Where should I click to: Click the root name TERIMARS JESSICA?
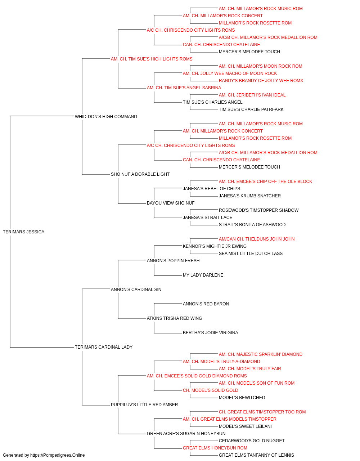(x=23, y=232)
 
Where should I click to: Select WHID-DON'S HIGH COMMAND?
(x=106, y=117)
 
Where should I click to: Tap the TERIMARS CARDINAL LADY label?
(x=103, y=347)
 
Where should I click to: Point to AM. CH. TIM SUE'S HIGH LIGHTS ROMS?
(x=152, y=59)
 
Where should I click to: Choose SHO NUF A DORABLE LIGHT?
(x=140, y=174)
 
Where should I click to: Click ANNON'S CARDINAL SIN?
(x=136, y=289)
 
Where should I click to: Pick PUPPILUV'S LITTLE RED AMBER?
(x=144, y=404)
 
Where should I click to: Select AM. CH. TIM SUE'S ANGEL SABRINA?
(x=184, y=88)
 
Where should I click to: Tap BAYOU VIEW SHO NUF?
(x=170, y=203)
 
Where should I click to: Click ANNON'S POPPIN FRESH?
(x=173, y=260)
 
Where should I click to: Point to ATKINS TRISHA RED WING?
(x=174, y=318)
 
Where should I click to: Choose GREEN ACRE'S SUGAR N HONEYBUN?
(x=186, y=433)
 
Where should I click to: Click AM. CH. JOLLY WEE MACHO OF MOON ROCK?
(x=230, y=73)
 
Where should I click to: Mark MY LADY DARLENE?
(x=203, y=275)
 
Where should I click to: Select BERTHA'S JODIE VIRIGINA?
(x=210, y=333)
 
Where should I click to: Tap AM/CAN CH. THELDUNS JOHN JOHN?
(x=257, y=239)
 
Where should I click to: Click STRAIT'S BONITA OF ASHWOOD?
(x=252, y=225)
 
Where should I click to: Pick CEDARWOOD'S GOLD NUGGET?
(x=252, y=440)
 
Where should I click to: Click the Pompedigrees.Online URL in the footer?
(x=57, y=455)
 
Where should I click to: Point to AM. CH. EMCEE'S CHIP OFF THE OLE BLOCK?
(x=265, y=182)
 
